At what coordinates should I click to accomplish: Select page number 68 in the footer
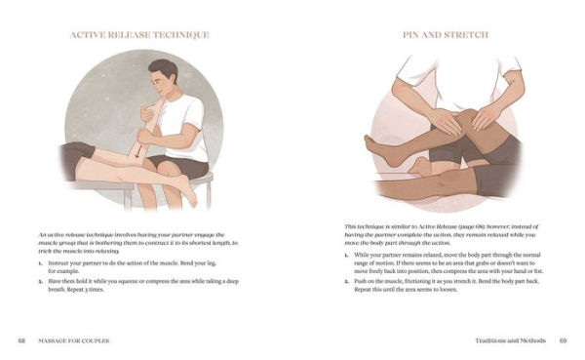21,340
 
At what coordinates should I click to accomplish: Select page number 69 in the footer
563,340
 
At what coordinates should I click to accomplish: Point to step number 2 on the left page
41,280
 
